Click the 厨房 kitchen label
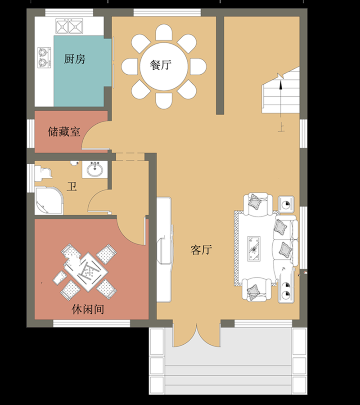[x=75, y=59]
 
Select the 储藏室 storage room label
[x=64, y=132]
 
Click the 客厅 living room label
[x=201, y=250]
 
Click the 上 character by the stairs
[x=281, y=127]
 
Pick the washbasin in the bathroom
[x=94, y=170]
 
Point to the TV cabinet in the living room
[x=164, y=250]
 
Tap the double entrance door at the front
[x=197, y=335]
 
